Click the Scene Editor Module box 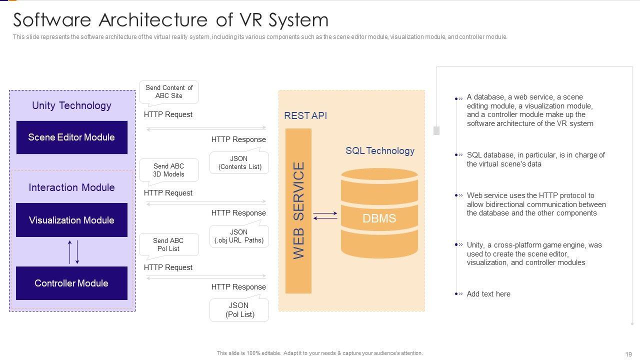(x=71, y=137)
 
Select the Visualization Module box (x=71, y=220)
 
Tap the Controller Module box (x=71, y=283)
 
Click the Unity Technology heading (x=71, y=105)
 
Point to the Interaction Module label (x=71, y=187)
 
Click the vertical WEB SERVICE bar (x=298, y=210)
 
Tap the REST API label (x=305, y=115)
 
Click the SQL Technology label (x=380, y=151)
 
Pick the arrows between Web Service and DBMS (x=325, y=215)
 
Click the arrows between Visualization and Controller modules (x=73, y=252)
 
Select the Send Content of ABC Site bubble (x=169, y=92)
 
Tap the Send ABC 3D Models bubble (x=168, y=170)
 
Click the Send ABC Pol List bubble (x=168, y=244)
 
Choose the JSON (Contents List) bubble (x=239, y=163)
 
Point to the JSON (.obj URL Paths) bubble (x=239, y=236)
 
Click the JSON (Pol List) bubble (x=239, y=309)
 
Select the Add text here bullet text (x=488, y=294)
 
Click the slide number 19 (x=628, y=353)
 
